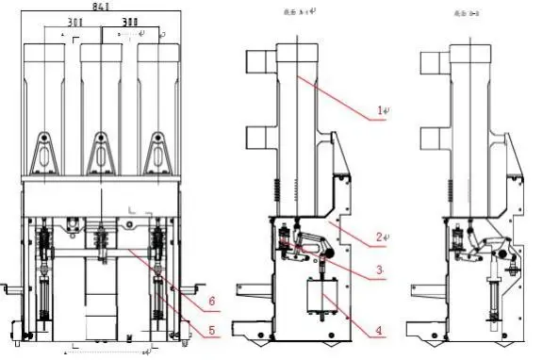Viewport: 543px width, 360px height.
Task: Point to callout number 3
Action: point(377,270)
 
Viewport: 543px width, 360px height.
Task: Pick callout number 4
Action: point(378,331)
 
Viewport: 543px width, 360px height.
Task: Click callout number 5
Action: point(211,329)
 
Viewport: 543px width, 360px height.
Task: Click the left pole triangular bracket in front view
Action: point(43,153)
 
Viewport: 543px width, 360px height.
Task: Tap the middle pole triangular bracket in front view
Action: point(100,153)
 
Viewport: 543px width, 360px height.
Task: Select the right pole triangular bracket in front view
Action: point(156,153)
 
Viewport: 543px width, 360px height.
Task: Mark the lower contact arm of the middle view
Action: point(257,139)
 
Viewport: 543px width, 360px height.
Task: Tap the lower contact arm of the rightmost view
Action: point(431,139)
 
